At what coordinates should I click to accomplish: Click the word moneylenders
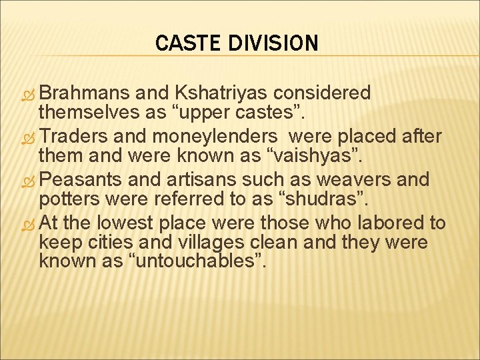tap(213, 137)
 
